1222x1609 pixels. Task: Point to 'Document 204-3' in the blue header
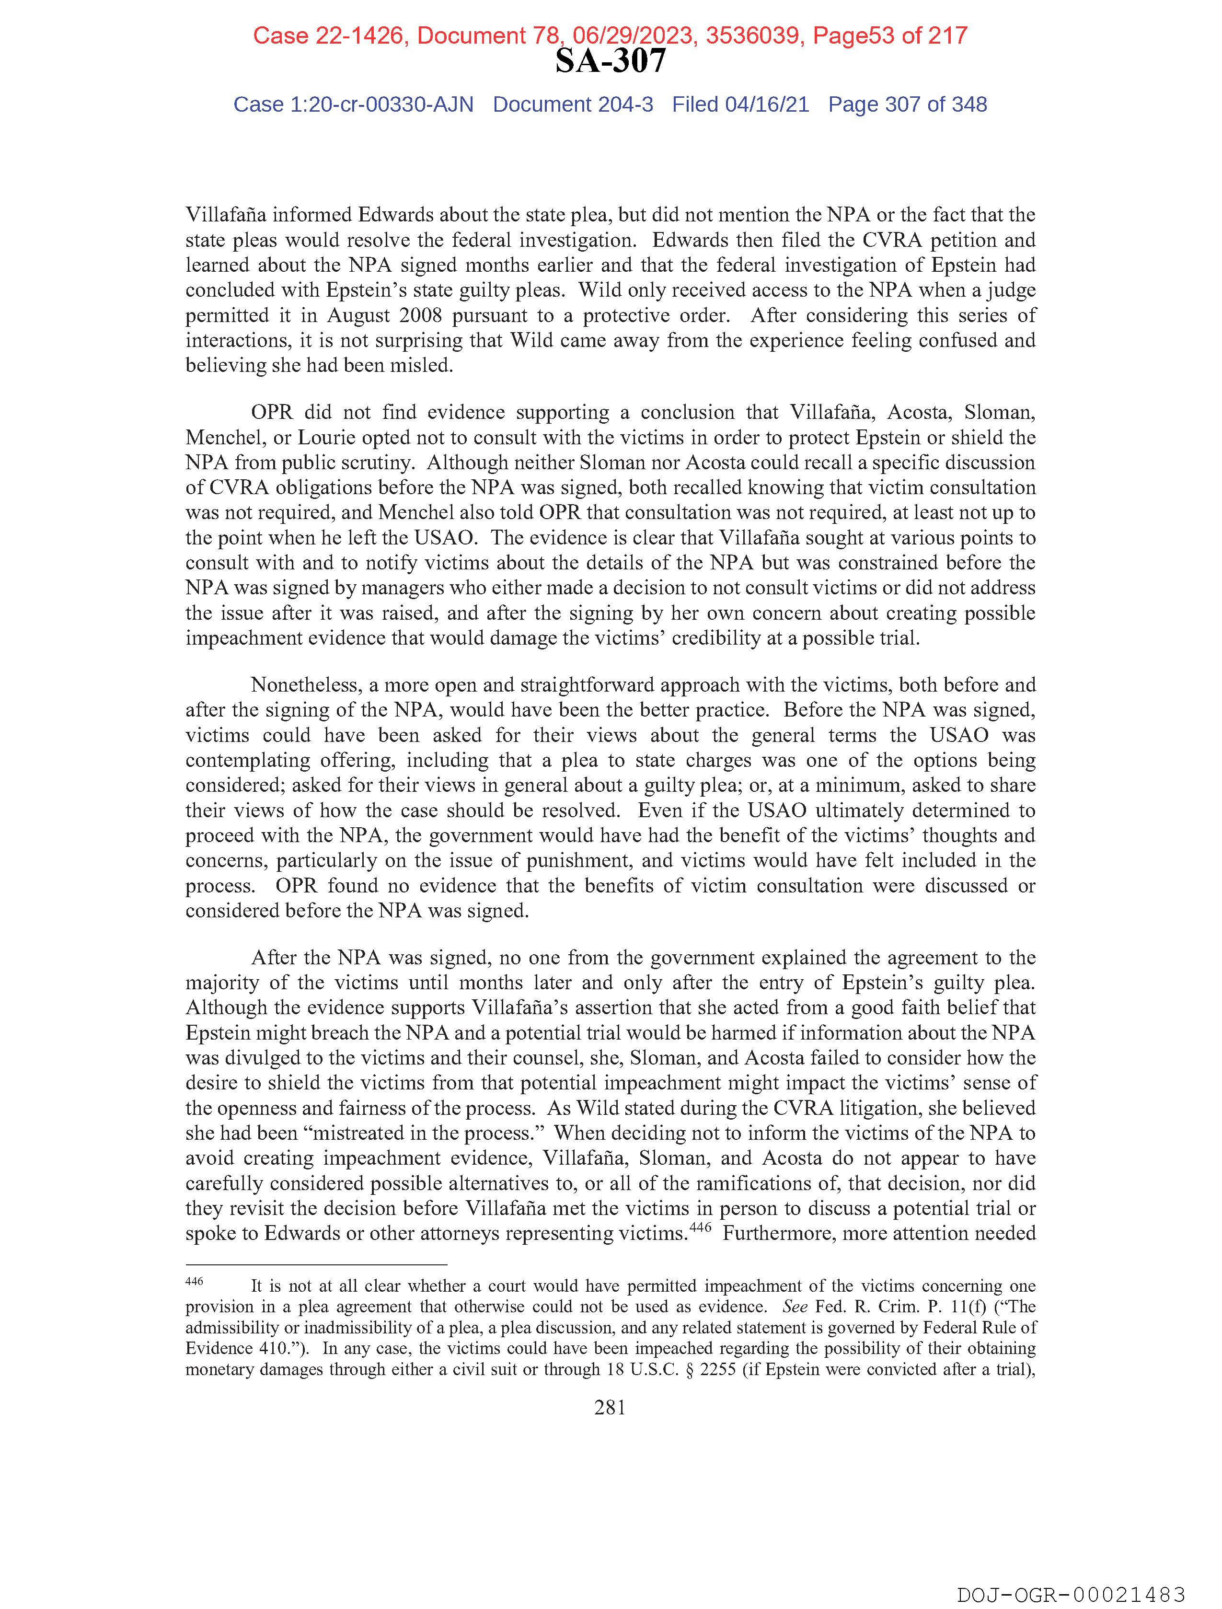pyautogui.click(x=573, y=105)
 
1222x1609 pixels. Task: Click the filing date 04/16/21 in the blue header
pyautogui.click(x=767, y=105)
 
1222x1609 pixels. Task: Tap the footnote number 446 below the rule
pyautogui.click(x=194, y=1282)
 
